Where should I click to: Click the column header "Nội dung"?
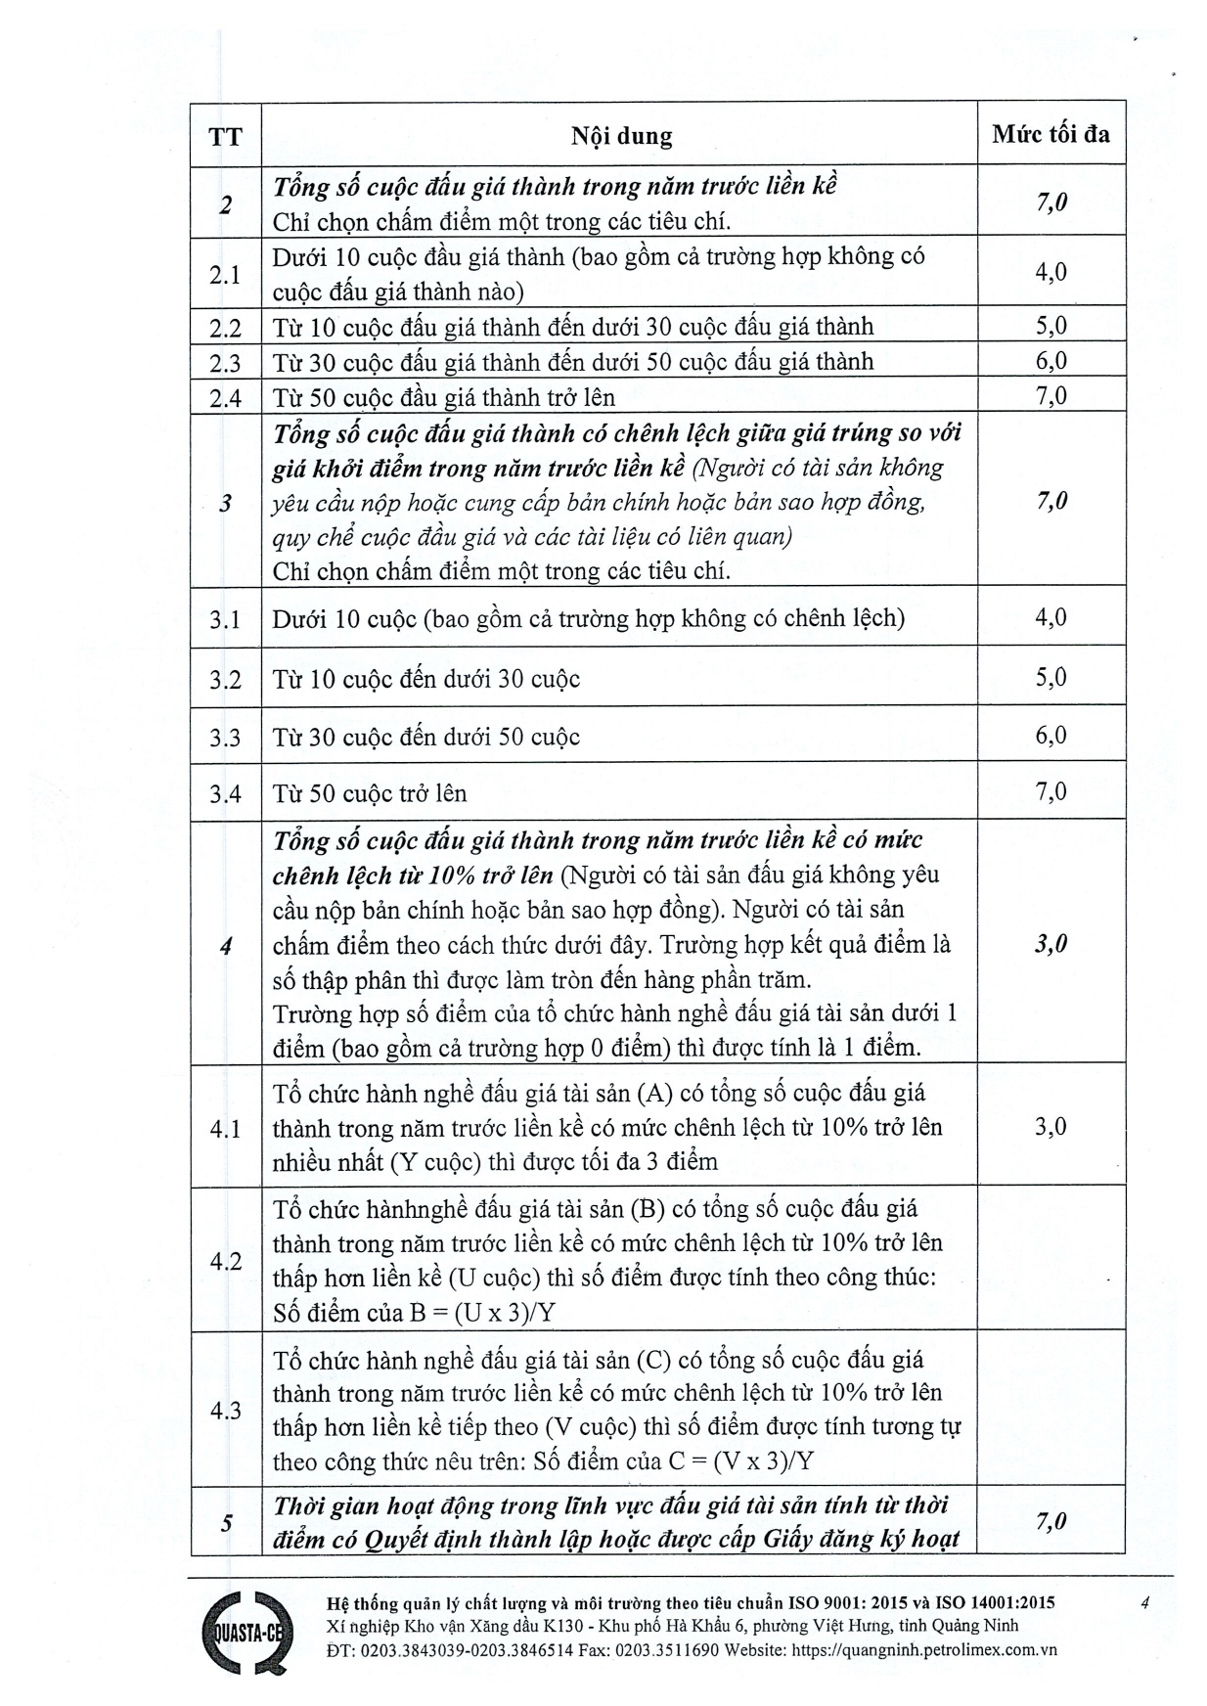[621, 135]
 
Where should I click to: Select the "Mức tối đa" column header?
[1051, 133]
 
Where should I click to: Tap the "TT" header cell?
[226, 135]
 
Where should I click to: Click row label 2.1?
[226, 274]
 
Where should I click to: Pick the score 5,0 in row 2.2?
[1051, 326]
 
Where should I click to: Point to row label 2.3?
[226, 363]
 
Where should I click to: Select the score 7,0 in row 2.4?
[1051, 396]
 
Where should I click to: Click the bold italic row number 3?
[226, 503]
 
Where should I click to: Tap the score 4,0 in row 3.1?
[1051, 617]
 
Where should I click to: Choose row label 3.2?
[226, 679]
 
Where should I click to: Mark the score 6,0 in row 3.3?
[1051, 735]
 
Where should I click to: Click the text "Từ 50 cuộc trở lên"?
[370, 793]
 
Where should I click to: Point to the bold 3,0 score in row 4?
[1051, 944]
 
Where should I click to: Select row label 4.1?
[226, 1128]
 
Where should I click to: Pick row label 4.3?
[226, 1411]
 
